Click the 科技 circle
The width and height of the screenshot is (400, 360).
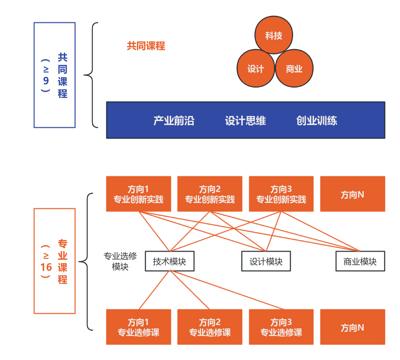pyautogui.click(x=274, y=35)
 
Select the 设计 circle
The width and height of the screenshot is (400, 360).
pyautogui.click(x=255, y=69)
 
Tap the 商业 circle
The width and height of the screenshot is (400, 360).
pyautogui.click(x=294, y=69)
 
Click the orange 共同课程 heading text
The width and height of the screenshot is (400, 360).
pyautogui.click(x=146, y=46)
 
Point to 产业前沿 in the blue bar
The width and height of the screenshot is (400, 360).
pyautogui.click(x=174, y=121)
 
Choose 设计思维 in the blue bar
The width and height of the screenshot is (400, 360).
pyautogui.click(x=245, y=121)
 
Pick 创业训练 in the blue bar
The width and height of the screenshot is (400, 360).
pyautogui.click(x=316, y=121)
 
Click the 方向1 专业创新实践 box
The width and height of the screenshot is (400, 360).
pyautogui.click(x=138, y=194)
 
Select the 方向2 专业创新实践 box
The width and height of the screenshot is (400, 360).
pyautogui.click(x=209, y=194)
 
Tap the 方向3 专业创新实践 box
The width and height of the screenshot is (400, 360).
pyautogui.click(x=281, y=194)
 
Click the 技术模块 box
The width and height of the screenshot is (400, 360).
pyautogui.click(x=169, y=261)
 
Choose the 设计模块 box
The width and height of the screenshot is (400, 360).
pyautogui.click(x=266, y=261)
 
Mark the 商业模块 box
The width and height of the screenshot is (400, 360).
pyautogui.click(x=360, y=261)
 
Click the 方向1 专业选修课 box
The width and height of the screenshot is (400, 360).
pyautogui.click(x=138, y=327)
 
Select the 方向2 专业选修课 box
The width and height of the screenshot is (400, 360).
pyautogui.click(x=209, y=327)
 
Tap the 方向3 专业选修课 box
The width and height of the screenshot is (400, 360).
pyautogui.click(x=281, y=327)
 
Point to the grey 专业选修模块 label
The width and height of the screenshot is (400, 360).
pyautogui.click(x=120, y=261)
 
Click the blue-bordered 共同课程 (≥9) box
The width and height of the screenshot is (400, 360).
pyautogui.click(x=55, y=75)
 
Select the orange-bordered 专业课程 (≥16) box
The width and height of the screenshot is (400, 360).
pyautogui.click(x=55, y=261)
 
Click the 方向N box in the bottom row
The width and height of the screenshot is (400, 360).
pyautogui.click(x=352, y=327)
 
